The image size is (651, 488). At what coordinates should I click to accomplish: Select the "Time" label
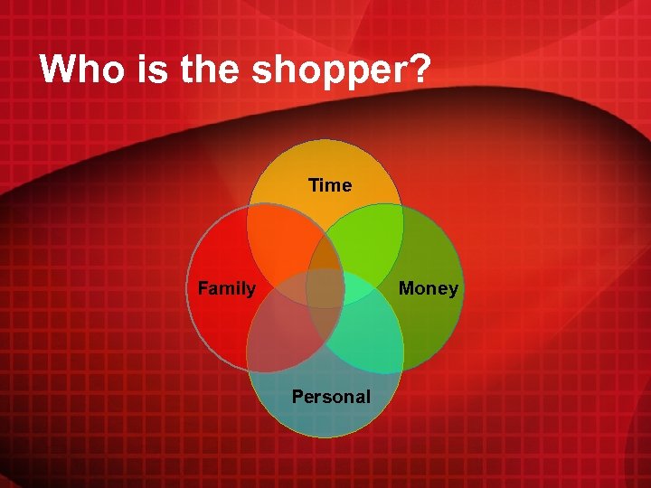pyautogui.click(x=329, y=185)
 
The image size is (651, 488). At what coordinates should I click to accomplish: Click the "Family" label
pyautogui.click(x=227, y=288)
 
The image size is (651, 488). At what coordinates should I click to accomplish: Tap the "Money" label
pyautogui.click(x=429, y=288)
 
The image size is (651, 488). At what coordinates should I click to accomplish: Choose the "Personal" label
pyautogui.click(x=331, y=397)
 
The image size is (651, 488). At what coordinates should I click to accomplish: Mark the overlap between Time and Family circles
pyautogui.click(x=282, y=239)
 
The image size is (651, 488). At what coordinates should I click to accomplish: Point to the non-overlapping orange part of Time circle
pyautogui.click(x=325, y=163)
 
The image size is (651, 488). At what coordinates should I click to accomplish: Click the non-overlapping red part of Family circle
pyautogui.click(x=217, y=325)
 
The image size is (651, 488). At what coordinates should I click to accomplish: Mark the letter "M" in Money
pyautogui.click(x=406, y=288)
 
